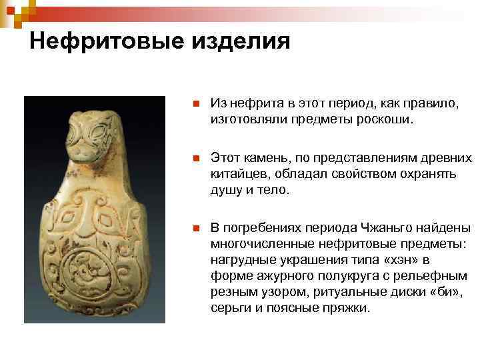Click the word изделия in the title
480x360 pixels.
241,42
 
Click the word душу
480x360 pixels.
224,191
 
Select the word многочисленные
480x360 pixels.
259,243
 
